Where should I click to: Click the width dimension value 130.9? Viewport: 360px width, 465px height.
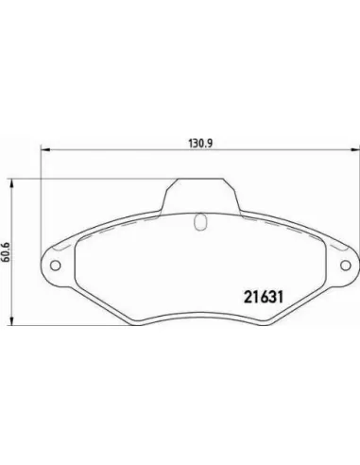pos(200,144)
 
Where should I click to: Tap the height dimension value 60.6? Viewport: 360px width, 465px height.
pos(6,252)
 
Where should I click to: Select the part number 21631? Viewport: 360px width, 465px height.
pos(264,297)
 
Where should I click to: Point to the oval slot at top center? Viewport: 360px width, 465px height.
pos(200,221)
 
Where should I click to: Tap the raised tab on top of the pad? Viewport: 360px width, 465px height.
pos(200,196)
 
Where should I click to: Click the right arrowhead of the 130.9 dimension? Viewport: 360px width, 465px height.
pos(355,150)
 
